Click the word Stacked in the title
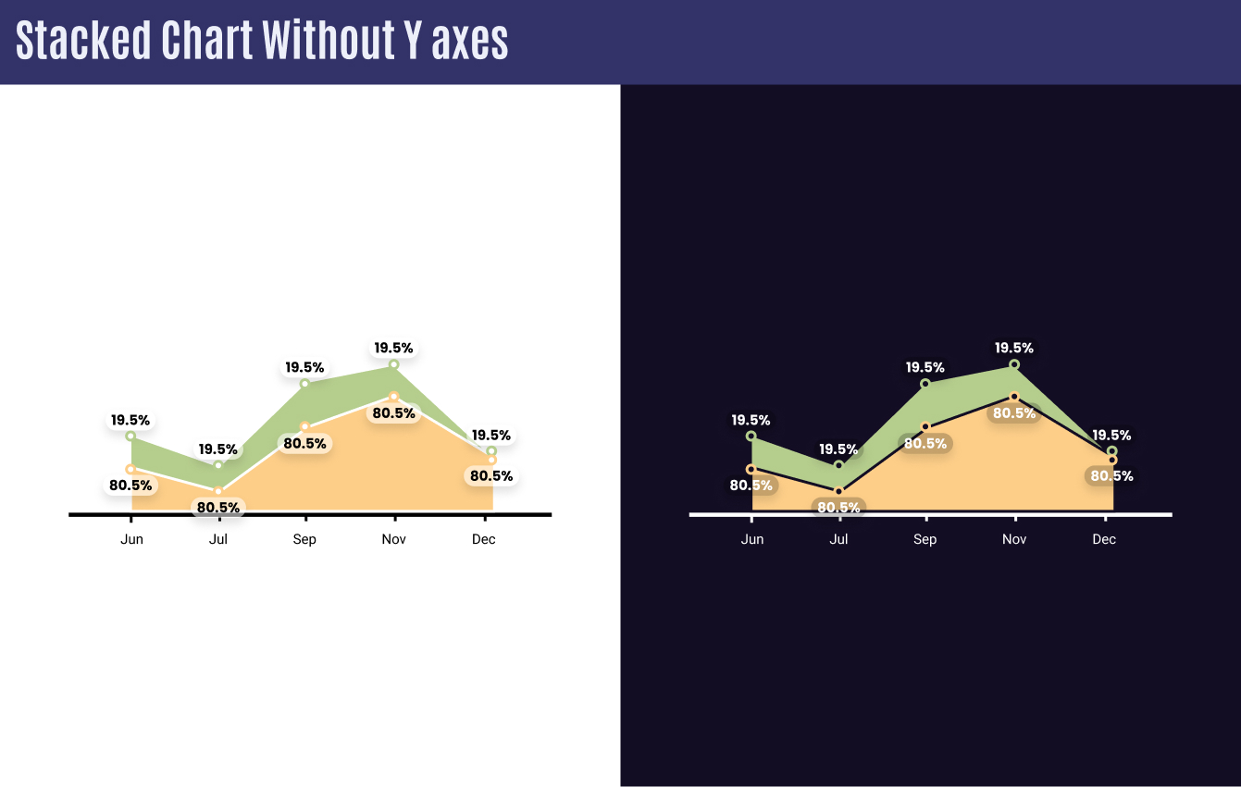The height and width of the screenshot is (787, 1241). (83, 41)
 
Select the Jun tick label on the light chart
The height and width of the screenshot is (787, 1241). (131, 539)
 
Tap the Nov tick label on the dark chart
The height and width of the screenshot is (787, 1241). (1014, 539)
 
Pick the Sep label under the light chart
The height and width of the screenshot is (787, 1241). (304, 539)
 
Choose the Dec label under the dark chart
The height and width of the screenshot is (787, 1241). (1104, 539)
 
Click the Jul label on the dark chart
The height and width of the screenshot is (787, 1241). (838, 539)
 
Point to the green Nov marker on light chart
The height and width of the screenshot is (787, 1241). (394, 364)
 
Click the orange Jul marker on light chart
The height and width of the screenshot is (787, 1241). (218, 491)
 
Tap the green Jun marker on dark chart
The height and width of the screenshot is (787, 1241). (751, 436)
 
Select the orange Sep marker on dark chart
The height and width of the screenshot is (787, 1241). (925, 426)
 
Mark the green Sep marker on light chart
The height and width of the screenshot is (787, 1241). (304, 383)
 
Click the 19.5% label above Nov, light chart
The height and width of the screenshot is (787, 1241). (393, 348)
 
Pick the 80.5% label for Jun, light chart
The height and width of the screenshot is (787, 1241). (130, 485)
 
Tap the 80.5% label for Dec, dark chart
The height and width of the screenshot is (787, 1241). (1111, 476)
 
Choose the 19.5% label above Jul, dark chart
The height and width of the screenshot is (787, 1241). (838, 449)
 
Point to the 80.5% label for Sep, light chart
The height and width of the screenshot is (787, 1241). (304, 443)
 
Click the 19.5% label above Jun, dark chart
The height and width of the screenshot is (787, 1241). (751, 420)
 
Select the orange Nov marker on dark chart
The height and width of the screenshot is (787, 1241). (1014, 397)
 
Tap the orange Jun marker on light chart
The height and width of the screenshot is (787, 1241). (130, 469)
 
